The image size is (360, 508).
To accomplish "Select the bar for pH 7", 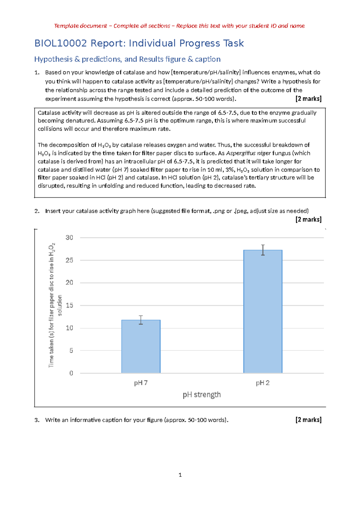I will (141, 347).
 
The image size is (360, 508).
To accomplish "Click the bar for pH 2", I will (263, 312).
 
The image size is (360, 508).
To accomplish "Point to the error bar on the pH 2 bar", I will (263, 250).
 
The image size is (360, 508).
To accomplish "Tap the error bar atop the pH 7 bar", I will (141, 320).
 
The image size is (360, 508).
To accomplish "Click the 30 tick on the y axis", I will (69, 238).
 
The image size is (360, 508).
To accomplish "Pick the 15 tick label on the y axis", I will (69, 306).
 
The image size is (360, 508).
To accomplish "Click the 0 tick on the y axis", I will (71, 373).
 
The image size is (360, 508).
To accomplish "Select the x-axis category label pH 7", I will (141, 383).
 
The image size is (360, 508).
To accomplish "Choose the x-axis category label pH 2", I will (262, 383).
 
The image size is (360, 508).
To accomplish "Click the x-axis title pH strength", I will (202, 395).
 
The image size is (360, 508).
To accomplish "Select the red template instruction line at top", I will (179, 26).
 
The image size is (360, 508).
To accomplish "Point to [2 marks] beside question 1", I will (308, 99).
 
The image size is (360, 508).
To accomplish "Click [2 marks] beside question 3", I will (308, 420).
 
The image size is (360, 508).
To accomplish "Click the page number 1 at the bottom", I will (180, 475).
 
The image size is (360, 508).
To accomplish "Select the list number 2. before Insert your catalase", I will (37, 211).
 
